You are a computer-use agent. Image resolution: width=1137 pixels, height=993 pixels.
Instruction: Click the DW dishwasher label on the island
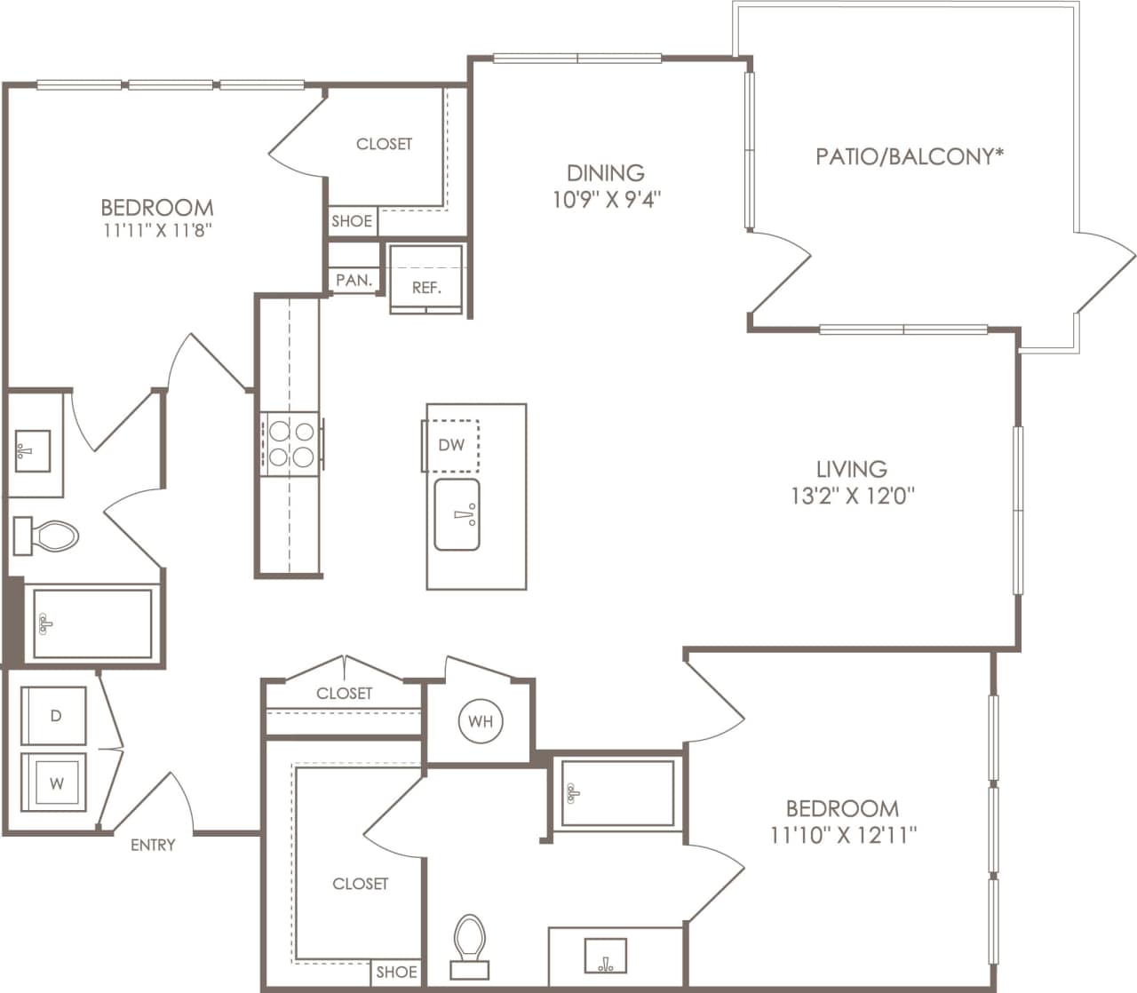click(451, 445)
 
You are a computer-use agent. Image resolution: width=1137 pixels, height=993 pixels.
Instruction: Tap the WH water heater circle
click(481, 721)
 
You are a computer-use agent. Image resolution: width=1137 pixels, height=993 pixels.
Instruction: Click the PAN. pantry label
click(354, 280)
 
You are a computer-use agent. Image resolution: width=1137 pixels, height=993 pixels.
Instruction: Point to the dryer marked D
click(55, 716)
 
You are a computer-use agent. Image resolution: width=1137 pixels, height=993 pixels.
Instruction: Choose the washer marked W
click(55, 782)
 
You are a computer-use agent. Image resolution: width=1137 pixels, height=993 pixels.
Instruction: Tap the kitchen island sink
click(457, 515)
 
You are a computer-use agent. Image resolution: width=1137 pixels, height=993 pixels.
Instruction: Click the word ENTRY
click(153, 845)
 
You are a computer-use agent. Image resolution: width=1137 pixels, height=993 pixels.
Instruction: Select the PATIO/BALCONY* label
click(910, 157)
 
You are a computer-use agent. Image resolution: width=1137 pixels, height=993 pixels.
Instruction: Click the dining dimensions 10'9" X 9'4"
click(607, 199)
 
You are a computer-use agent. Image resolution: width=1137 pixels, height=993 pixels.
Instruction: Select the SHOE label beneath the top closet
click(352, 221)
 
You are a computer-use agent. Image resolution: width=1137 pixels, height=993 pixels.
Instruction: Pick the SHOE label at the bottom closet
click(396, 972)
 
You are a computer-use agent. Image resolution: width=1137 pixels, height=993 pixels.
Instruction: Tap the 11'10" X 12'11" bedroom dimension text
click(842, 835)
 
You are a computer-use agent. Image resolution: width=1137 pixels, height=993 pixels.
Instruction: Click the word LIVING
click(852, 468)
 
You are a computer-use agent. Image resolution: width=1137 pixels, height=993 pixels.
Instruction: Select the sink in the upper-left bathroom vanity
click(33, 450)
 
